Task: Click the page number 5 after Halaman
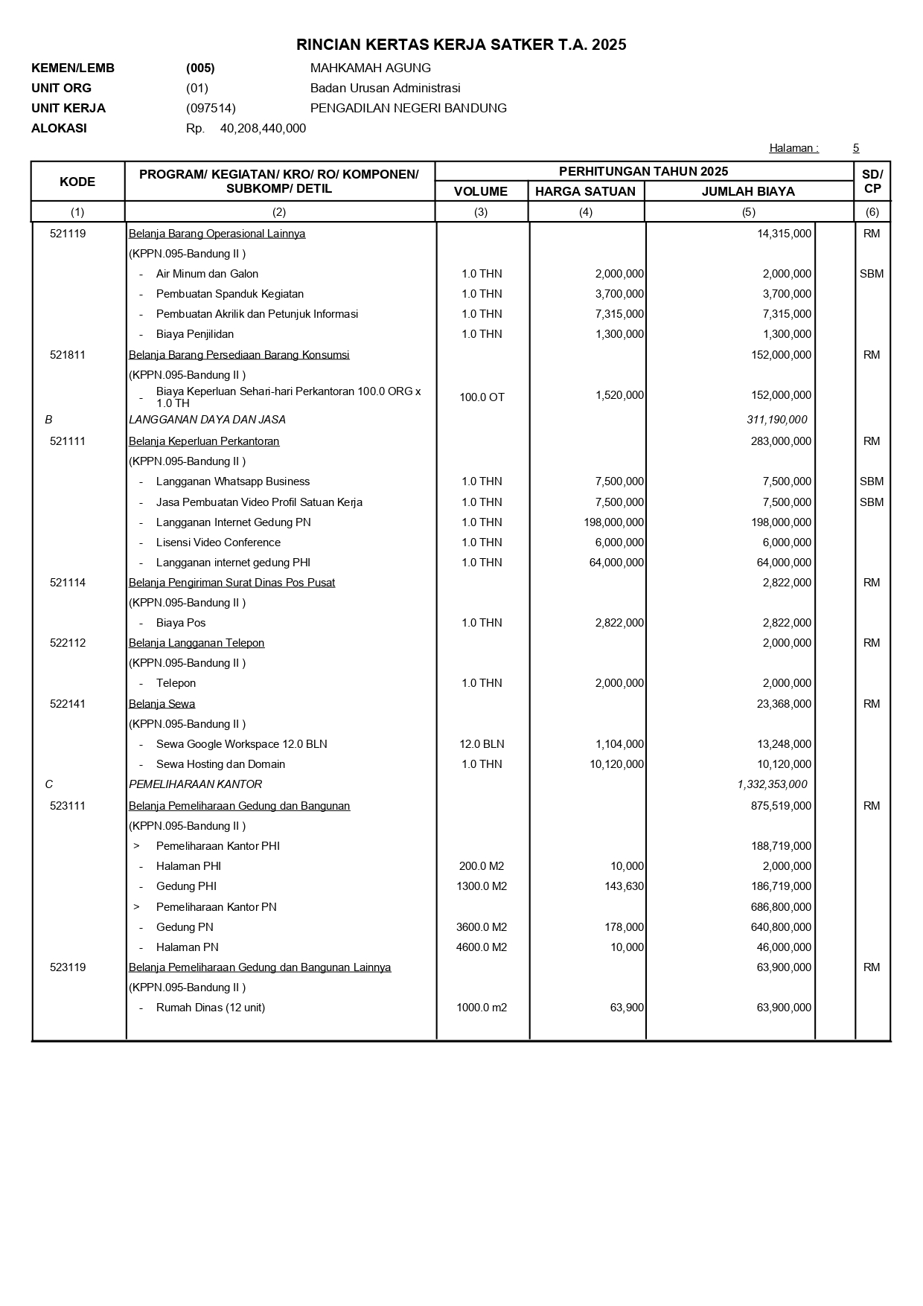(856, 148)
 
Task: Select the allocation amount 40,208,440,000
(263, 128)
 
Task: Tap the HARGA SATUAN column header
(585, 191)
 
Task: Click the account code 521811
(68, 355)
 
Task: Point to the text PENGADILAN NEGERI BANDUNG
(408, 108)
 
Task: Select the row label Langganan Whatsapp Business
(232, 481)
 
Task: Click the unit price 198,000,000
(614, 522)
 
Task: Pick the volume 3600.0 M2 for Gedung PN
(481, 927)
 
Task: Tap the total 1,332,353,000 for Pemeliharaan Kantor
(772, 784)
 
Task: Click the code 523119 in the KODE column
(68, 967)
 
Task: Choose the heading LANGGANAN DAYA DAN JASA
(207, 420)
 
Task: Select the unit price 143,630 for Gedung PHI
(624, 886)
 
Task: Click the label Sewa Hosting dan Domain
(220, 764)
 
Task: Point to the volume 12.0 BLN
(482, 744)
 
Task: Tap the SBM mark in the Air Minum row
(872, 274)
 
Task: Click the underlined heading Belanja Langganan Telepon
(197, 643)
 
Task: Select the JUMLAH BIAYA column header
(748, 191)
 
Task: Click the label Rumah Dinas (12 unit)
(210, 1008)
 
